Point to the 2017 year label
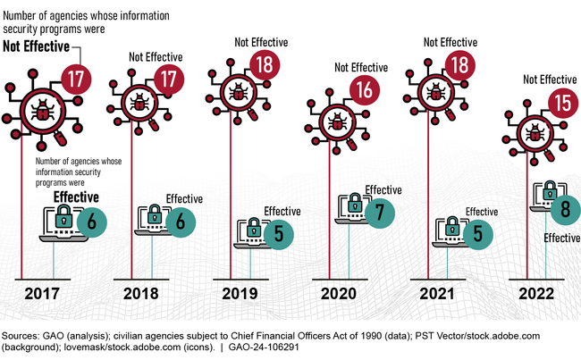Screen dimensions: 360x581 pyautogui.click(x=44, y=294)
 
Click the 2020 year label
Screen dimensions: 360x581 pyautogui.click(x=338, y=294)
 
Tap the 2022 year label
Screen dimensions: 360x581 pyautogui.click(x=535, y=294)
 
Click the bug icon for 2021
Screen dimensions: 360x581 pyautogui.click(x=434, y=91)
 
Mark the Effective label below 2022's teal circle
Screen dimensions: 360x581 pyautogui.click(x=562, y=239)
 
